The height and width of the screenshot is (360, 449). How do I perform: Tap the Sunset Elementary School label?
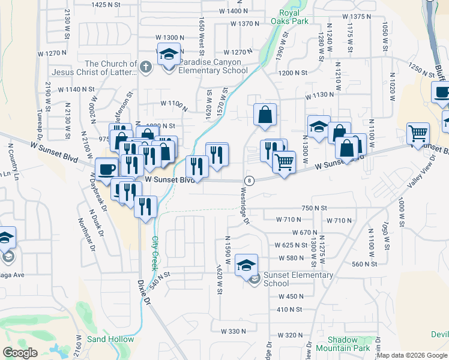tap(298, 279)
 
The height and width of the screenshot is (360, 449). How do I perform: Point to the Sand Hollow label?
tap(110, 339)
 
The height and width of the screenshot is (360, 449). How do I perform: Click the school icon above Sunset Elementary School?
tap(246, 265)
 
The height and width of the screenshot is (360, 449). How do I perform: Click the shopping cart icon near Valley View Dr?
tap(418, 133)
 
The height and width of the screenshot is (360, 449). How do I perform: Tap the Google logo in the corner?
tap(20, 353)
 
